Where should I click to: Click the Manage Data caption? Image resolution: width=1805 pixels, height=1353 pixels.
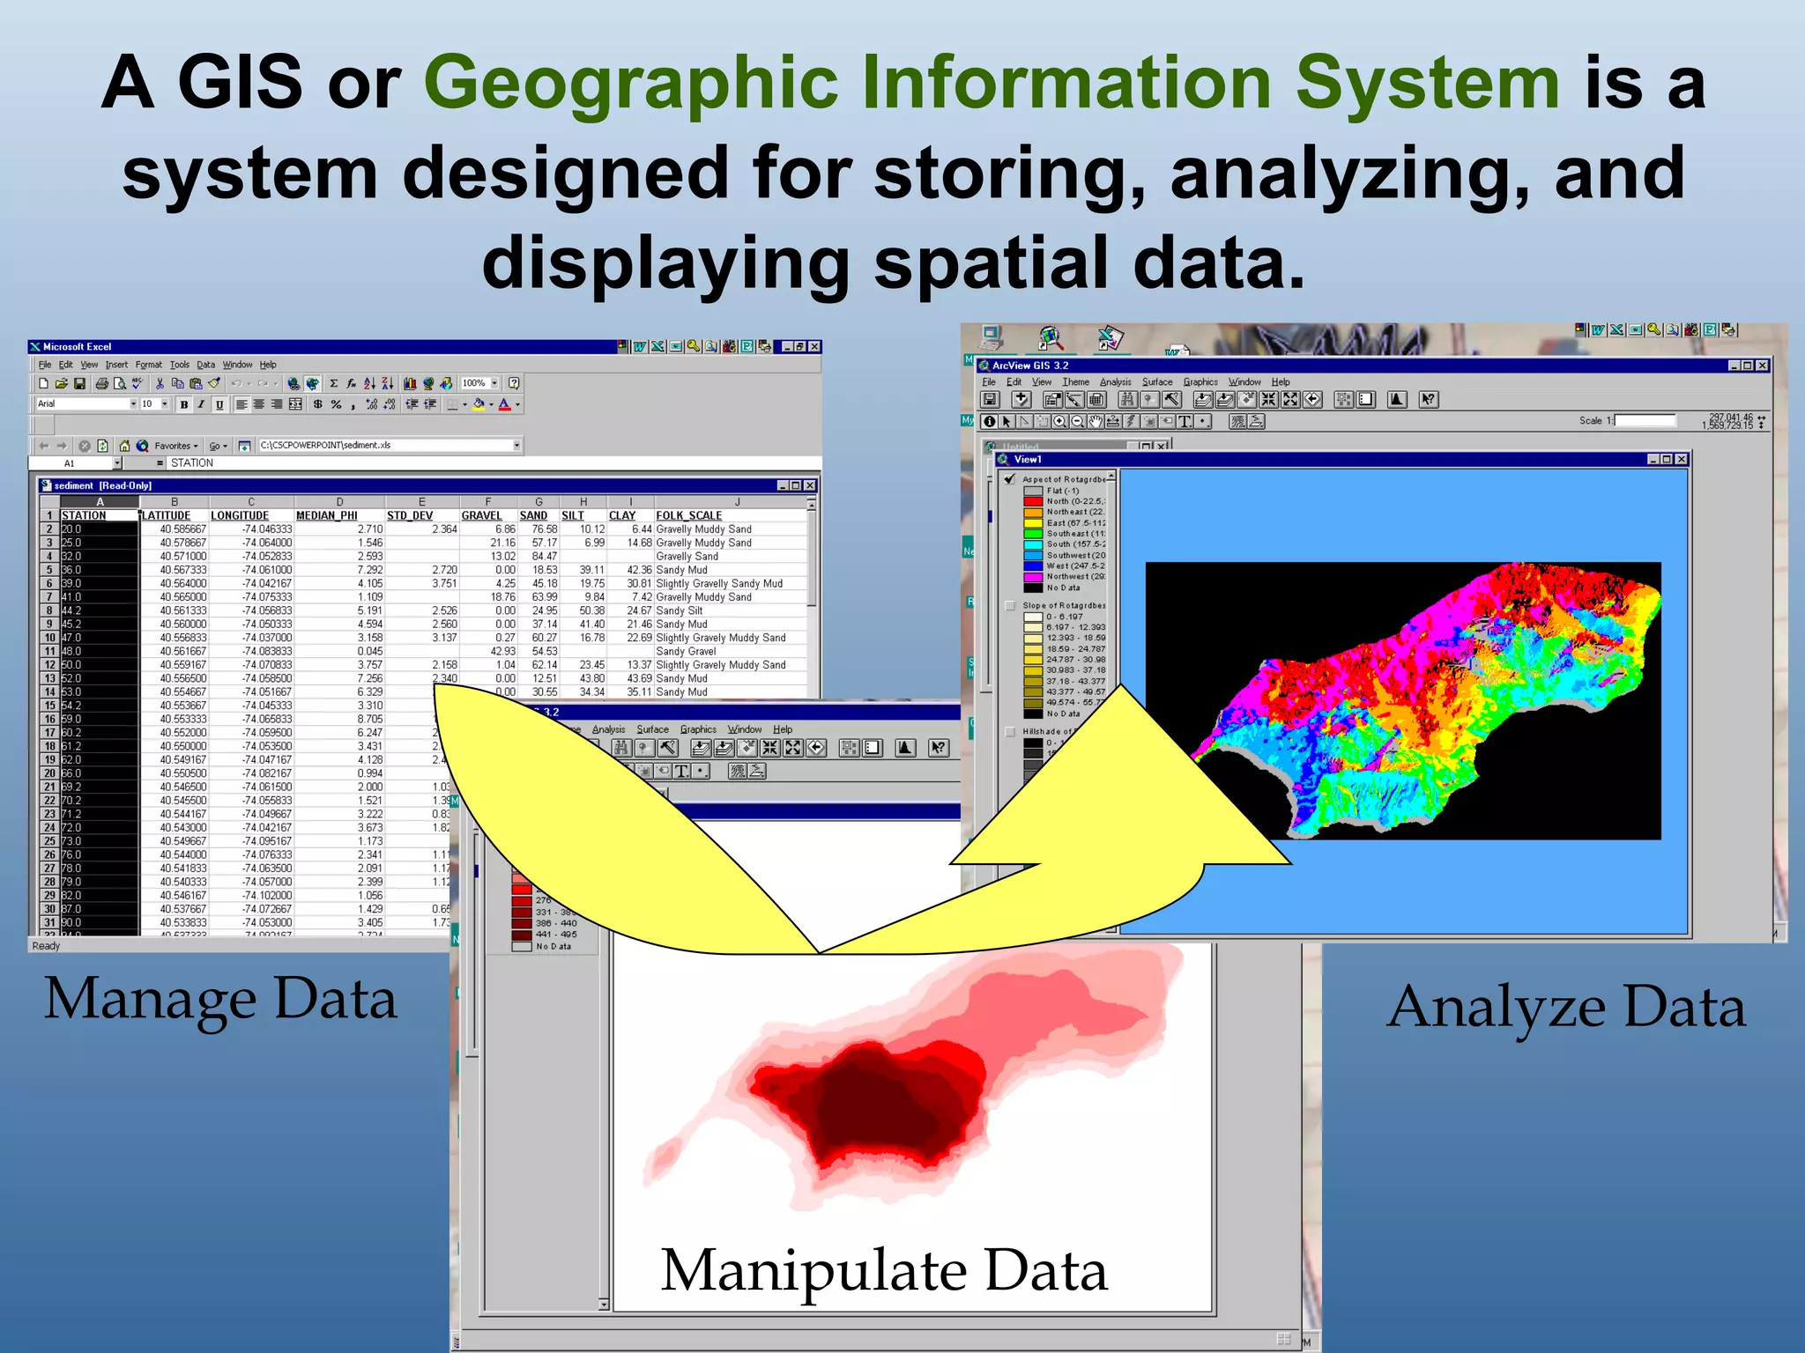tap(220, 1000)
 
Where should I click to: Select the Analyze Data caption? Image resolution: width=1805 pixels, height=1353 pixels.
tap(1565, 1007)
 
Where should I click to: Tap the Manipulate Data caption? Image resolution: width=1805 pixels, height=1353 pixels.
tap(883, 1271)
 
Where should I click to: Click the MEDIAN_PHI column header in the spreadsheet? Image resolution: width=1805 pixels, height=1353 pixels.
tap(326, 515)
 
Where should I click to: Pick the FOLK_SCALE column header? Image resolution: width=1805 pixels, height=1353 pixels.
tap(688, 515)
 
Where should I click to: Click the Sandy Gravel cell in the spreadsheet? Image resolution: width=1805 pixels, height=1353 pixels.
tap(685, 651)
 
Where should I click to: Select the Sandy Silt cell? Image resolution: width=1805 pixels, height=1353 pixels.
tap(679, 610)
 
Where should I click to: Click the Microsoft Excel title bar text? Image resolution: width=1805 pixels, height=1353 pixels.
tap(77, 347)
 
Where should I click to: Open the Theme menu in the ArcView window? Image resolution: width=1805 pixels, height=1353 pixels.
tap(1075, 382)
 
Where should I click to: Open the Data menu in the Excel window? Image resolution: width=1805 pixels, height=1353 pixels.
tap(205, 365)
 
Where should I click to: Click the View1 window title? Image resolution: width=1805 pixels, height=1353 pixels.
tap(1028, 459)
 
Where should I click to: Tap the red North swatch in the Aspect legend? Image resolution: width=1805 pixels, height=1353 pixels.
tap(1033, 501)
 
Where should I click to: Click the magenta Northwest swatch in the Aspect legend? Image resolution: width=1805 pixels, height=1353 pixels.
tap(1033, 577)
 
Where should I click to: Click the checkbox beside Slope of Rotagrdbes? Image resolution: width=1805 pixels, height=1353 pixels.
tap(1010, 606)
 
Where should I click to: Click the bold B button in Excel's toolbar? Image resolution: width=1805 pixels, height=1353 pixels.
tap(183, 404)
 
